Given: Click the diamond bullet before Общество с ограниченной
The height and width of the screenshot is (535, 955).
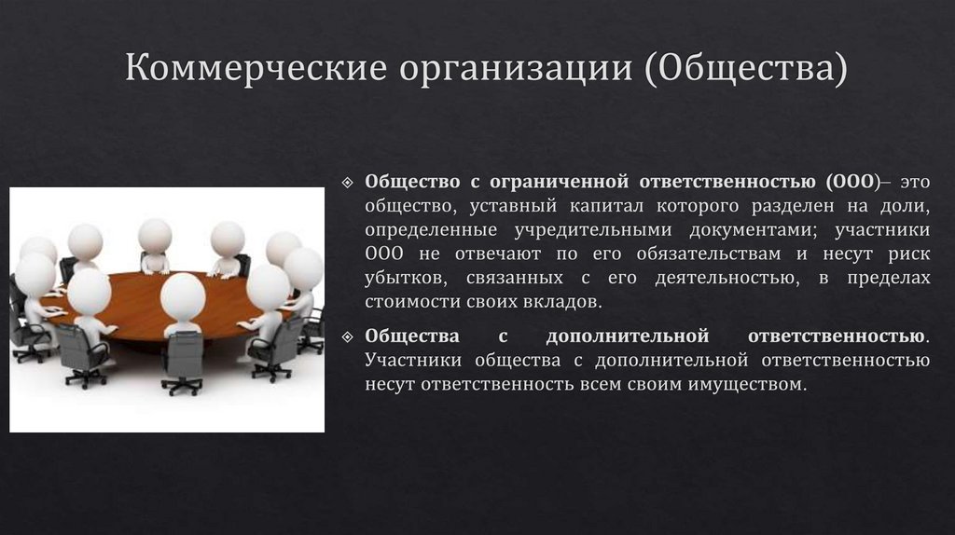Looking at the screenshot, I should (x=348, y=180).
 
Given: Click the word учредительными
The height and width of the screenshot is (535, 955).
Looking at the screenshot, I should (x=576, y=228).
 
